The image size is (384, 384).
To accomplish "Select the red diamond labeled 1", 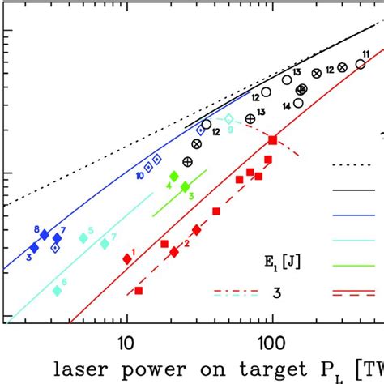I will tap(127, 258).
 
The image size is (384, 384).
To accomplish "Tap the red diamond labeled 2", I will tap(173, 253).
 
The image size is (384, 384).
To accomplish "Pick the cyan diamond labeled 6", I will tap(57, 290).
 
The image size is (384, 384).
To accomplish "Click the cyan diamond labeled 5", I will tap(83, 237).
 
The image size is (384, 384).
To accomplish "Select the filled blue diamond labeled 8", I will tap(45, 235).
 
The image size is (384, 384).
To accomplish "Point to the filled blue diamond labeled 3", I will tap(34, 248).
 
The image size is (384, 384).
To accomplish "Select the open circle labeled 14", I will tap(299, 103).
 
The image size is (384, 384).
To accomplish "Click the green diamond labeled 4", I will tap(173, 176).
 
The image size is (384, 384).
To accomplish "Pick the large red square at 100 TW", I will tap(273, 140).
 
